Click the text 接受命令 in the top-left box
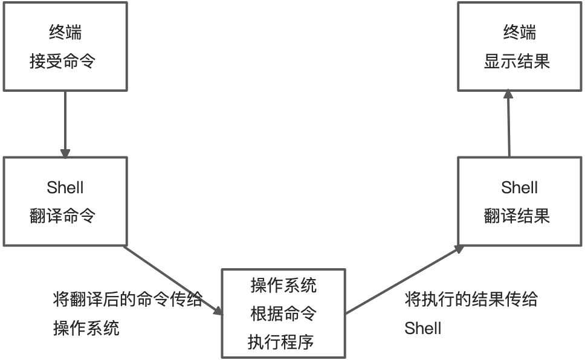(62, 61)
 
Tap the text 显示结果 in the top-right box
(517, 61)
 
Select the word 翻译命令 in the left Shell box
(62, 216)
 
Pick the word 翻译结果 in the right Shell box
(517, 216)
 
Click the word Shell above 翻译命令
(65, 188)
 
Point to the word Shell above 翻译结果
(519, 188)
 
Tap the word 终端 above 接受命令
(65, 33)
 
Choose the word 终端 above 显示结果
(519, 33)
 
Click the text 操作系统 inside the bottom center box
(283, 285)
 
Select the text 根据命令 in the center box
(283, 313)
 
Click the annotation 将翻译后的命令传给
(128, 300)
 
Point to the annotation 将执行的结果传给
(471, 300)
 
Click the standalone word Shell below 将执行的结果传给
(423, 329)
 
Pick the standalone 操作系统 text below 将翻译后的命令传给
(86, 329)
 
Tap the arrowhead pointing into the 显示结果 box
(508, 95)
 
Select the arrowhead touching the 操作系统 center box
(218, 310)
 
